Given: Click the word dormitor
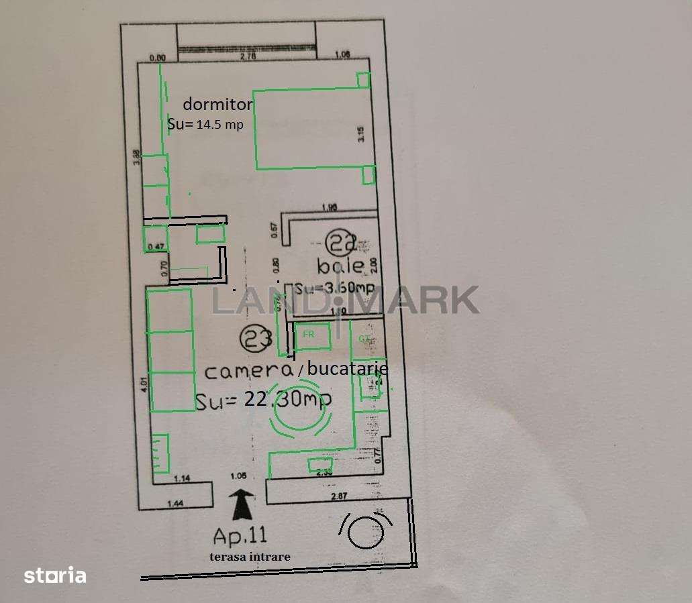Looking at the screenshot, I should (x=217, y=105).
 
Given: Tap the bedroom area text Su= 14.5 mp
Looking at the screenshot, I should (x=205, y=124).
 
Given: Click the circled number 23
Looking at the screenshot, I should (x=255, y=339).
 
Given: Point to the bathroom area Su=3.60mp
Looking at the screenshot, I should (x=334, y=289).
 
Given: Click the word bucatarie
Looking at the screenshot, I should (x=347, y=368).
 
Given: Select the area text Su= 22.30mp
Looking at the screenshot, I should (x=263, y=400).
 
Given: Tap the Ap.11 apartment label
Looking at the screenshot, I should (x=240, y=536).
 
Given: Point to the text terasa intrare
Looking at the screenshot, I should (x=249, y=556).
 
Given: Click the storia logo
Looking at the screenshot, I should (x=55, y=575).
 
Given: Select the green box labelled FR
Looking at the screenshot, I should (x=312, y=335).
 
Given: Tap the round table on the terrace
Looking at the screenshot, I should (x=366, y=531).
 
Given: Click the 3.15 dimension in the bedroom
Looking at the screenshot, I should (x=360, y=135).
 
